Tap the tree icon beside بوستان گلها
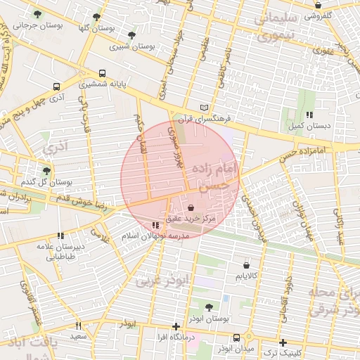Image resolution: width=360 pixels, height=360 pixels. (x=96, y=17)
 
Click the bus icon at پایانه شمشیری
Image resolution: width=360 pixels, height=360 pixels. (x=103, y=72)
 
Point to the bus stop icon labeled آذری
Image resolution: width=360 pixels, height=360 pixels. (x=56, y=87)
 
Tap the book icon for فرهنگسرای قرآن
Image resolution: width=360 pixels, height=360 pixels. (x=205, y=107)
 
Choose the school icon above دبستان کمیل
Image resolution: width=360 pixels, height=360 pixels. (x=309, y=115)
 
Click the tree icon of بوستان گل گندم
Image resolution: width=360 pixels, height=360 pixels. (x=46, y=171)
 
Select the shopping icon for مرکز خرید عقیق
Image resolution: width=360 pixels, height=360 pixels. (x=192, y=208)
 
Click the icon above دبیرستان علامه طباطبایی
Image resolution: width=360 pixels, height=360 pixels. (x=60, y=236)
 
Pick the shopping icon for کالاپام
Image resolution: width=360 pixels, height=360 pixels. (x=245, y=265)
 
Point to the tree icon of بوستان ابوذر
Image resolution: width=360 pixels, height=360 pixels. (x=209, y=307)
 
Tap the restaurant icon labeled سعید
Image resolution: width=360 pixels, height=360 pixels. (x=78, y=326)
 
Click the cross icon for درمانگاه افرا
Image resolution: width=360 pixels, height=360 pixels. (x=176, y=326)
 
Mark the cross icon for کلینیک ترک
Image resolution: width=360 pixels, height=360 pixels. (x=283, y=342)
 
